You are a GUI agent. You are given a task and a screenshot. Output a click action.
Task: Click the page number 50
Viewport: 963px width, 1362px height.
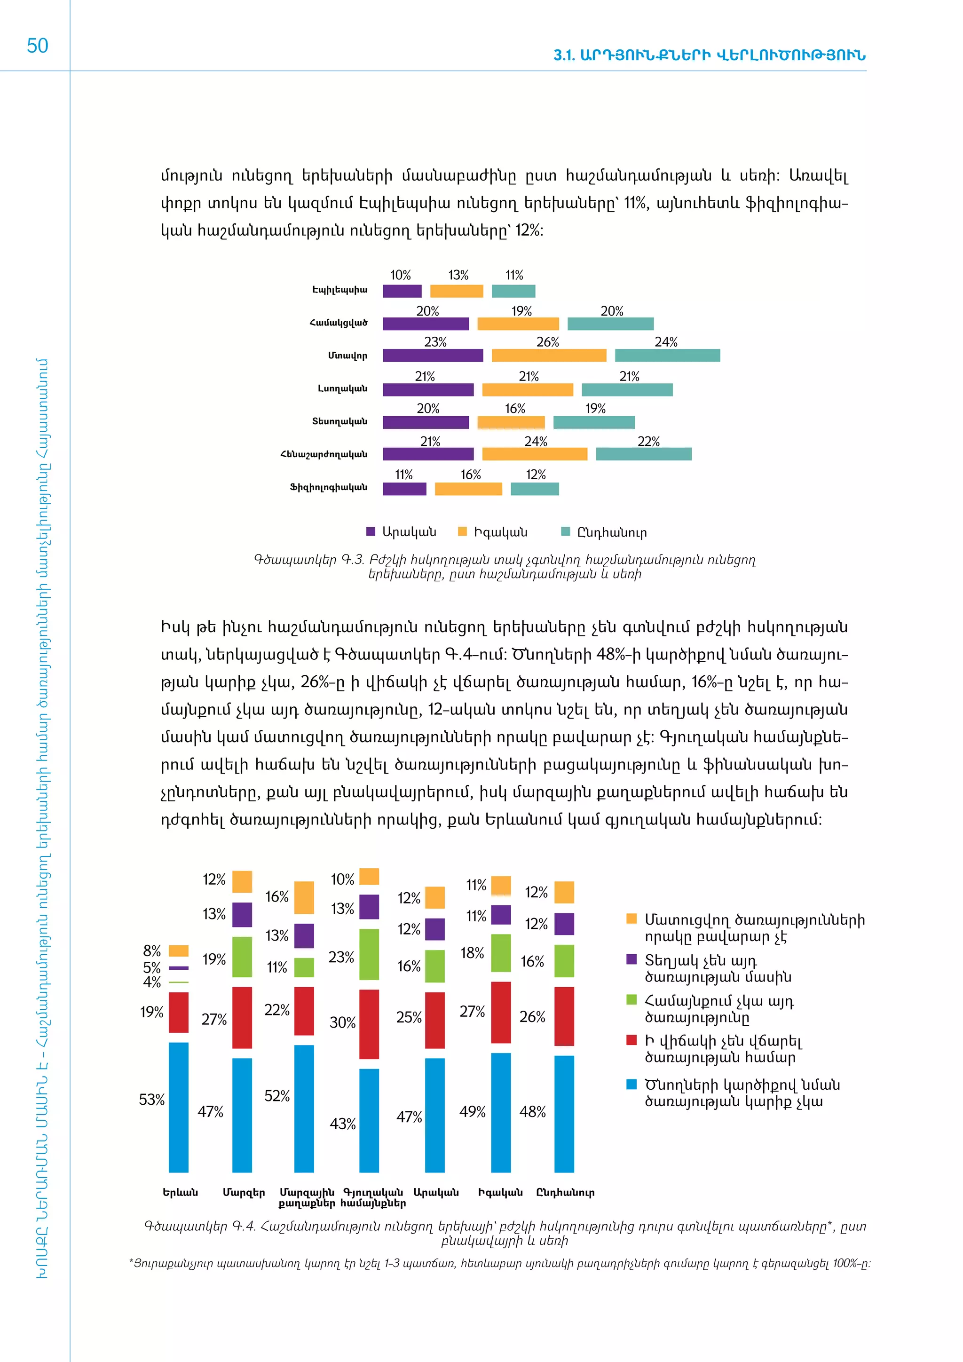point(37,46)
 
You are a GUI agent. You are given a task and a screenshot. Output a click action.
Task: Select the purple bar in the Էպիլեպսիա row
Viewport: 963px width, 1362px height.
point(402,291)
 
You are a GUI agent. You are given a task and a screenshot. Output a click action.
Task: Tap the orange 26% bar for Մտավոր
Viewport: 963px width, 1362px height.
point(549,356)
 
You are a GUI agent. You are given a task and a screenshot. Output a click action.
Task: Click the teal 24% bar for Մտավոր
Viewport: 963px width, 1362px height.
point(667,356)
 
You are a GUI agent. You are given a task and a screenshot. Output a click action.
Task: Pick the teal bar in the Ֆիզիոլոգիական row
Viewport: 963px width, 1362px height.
point(534,489)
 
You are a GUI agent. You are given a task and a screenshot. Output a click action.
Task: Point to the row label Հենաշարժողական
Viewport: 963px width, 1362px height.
point(324,454)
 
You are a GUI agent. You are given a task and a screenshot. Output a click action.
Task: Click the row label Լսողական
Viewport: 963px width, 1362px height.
point(342,388)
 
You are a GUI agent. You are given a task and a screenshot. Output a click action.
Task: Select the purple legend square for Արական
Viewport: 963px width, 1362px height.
point(371,531)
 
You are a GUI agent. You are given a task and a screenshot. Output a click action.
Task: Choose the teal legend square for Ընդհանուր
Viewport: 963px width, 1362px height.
point(566,531)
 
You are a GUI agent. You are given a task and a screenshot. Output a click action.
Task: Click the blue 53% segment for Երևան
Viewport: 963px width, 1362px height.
point(179,1107)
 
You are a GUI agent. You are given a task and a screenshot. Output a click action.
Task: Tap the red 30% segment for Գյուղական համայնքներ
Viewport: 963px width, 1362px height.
point(369,1024)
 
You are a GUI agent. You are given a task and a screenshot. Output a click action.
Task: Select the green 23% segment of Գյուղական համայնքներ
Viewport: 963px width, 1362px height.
point(369,954)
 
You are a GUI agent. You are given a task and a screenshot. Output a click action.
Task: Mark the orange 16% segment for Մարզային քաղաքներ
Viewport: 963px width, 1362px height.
point(304,897)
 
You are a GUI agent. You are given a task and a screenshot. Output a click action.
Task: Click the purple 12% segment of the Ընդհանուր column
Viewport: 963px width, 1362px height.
point(564,924)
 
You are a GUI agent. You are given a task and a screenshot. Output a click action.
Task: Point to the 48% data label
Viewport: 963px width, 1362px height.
point(532,1112)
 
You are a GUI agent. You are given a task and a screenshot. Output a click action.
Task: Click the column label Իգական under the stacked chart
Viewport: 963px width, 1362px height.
point(500,1192)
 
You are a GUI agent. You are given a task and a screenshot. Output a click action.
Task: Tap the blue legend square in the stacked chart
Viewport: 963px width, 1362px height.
point(631,1085)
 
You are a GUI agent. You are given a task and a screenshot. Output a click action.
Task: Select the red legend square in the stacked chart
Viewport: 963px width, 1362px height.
point(631,1040)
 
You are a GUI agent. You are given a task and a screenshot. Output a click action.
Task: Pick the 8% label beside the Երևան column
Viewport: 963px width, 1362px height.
point(152,950)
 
